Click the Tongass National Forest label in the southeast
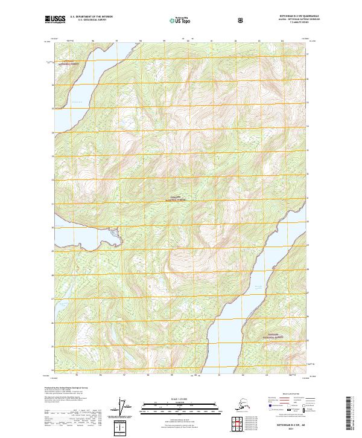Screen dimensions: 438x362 (279, 333)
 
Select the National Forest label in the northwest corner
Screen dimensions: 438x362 (67, 63)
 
